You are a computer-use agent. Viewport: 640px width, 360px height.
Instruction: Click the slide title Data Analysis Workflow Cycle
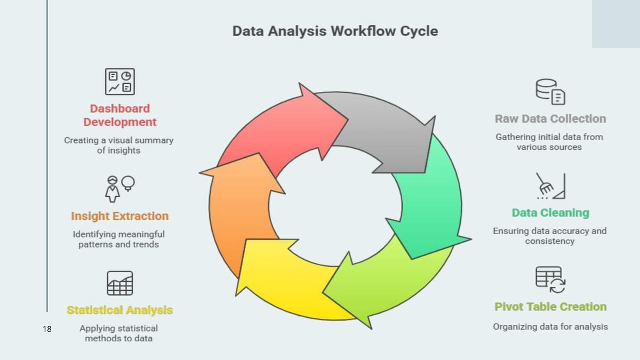click(335, 31)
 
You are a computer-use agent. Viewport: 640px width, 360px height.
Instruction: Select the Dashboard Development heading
click(120, 115)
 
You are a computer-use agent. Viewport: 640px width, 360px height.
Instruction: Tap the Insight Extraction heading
click(119, 216)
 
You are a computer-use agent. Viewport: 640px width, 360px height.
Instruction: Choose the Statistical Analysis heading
click(119, 310)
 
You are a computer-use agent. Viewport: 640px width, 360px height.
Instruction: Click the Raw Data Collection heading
click(550, 118)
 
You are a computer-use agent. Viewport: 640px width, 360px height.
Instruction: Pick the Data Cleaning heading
click(550, 213)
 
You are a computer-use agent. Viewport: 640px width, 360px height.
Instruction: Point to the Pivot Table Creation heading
click(550, 307)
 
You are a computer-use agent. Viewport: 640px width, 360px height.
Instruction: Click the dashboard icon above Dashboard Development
click(119, 82)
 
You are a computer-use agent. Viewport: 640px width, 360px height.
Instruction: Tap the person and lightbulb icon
click(119, 188)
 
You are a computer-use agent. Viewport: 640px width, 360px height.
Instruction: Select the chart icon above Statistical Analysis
click(119, 283)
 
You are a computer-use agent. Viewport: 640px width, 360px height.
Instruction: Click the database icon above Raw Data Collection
click(550, 92)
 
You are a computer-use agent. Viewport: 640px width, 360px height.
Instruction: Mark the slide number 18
click(47, 329)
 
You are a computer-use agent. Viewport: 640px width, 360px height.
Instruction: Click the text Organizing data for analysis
click(550, 326)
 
